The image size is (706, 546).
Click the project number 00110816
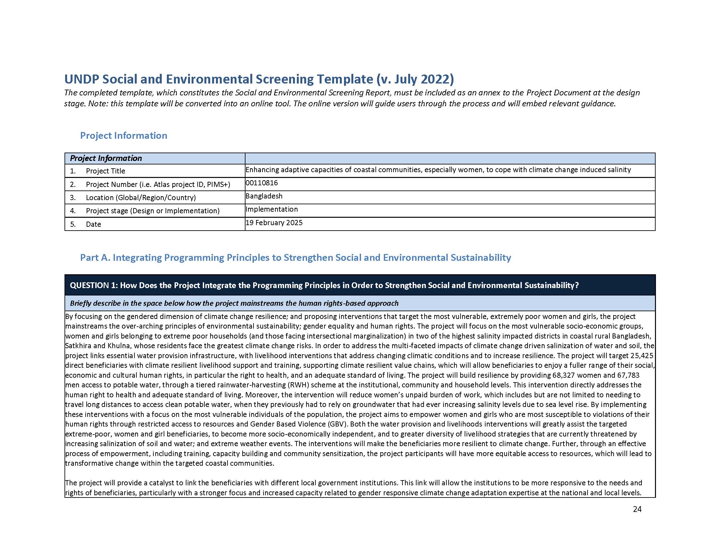click(262, 183)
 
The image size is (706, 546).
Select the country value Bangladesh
click(264, 196)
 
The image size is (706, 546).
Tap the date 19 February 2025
click(274, 223)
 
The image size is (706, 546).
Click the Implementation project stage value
click(271, 210)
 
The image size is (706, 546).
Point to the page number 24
click(637, 509)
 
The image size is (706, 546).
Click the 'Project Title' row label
click(105, 171)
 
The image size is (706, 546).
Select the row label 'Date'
click(93, 225)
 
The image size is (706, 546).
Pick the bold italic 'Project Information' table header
click(106, 158)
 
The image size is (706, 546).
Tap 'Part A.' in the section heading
click(95, 258)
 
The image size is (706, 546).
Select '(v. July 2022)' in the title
click(415, 79)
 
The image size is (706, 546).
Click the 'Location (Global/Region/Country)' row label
click(141, 198)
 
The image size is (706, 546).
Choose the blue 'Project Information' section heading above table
click(124, 136)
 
